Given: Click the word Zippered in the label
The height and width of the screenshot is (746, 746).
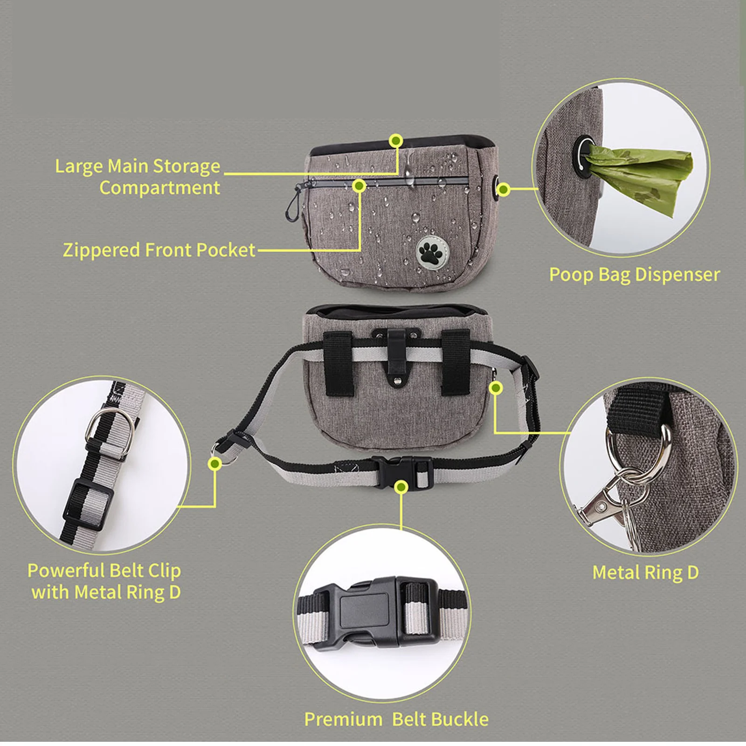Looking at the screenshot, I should click(x=102, y=250).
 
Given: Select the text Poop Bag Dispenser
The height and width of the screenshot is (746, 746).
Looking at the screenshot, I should click(x=634, y=275).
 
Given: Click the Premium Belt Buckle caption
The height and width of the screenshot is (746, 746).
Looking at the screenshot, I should click(x=396, y=719).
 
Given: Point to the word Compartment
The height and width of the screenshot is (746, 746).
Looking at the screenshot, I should click(x=159, y=188).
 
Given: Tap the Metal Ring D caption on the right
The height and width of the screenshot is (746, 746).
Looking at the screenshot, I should click(x=645, y=573).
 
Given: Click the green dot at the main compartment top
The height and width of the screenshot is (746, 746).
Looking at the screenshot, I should click(x=396, y=140).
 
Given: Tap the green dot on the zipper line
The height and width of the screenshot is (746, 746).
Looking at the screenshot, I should click(x=359, y=186).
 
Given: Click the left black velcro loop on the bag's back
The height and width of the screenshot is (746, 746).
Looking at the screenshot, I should click(x=338, y=364).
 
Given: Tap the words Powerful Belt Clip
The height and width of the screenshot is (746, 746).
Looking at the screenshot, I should click(x=104, y=571).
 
